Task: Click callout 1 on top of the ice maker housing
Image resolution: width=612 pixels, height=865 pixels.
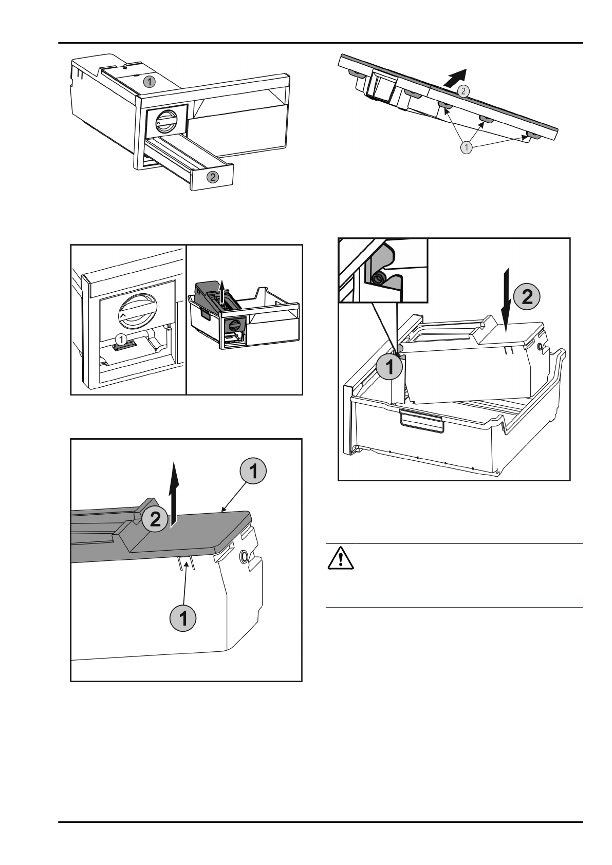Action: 150,82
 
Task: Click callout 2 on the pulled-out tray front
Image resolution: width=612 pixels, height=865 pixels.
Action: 213,177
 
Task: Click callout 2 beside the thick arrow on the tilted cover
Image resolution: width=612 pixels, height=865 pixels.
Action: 463,91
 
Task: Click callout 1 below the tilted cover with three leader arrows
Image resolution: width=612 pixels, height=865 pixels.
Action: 467,147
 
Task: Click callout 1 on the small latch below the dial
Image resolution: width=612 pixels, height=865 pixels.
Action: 121,340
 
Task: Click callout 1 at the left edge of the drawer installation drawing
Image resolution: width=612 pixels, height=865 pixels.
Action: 390,366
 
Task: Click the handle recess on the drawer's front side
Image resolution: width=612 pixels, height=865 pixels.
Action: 421,421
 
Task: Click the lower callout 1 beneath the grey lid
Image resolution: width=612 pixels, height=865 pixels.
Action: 183,618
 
